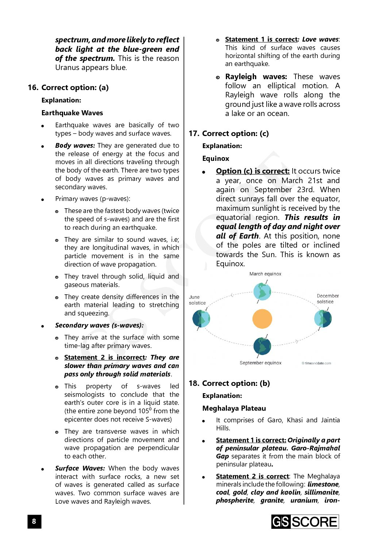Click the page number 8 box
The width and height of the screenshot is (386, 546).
pyautogui.click(x=34, y=521)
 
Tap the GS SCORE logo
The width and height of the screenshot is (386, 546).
pyautogui.click(x=305, y=522)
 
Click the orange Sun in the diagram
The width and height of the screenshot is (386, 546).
pyautogui.click(x=262, y=318)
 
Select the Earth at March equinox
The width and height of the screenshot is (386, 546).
pyautogui.click(x=262, y=291)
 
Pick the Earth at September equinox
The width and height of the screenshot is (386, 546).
pyautogui.click(x=262, y=346)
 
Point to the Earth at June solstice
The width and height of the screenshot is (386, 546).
pyautogui.click(x=201, y=318)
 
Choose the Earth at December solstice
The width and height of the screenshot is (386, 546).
pyautogui.click(x=323, y=318)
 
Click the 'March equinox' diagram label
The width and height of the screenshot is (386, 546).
pyautogui.click(x=265, y=274)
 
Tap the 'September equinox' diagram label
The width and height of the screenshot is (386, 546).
pyautogui.click(x=260, y=363)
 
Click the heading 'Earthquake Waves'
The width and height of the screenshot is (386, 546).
pyautogui.click(x=72, y=113)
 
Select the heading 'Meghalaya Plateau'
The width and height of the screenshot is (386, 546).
pyautogui.click(x=234, y=408)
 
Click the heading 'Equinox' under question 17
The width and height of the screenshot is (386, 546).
pyautogui.click(x=216, y=159)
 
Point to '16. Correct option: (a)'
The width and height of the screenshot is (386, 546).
pyautogui.click(x=68, y=88)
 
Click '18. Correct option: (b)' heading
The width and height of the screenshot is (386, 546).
pyautogui.click(x=229, y=383)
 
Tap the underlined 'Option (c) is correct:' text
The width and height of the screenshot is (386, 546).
pyautogui.click(x=252, y=171)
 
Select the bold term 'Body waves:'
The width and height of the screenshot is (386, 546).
pyautogui.click(x=75, y=146)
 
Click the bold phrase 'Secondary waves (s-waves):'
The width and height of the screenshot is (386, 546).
pyautogui.click(x=99, y=325)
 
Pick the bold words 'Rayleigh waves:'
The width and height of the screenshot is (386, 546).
pyautogui.click(x=256, y=77)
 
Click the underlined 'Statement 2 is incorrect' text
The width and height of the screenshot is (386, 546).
pyautogui.click(x=104, y=357)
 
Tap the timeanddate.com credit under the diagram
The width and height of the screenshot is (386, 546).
pyautogui.click(x=316, y=363)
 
